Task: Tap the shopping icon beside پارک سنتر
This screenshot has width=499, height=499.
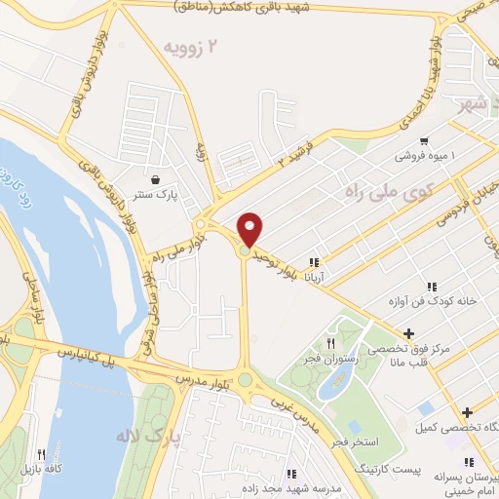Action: point(156,180)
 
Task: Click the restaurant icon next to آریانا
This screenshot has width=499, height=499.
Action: point(314,262)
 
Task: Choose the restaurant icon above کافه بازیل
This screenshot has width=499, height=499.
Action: point(40,454)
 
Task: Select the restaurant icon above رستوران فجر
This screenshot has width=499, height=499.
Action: point(330,344)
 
